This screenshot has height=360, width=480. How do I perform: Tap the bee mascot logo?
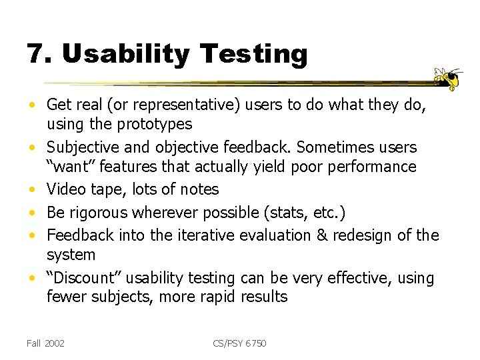[448, 79]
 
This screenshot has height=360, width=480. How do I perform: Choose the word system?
[71, 255]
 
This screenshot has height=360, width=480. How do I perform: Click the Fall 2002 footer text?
[45, 343]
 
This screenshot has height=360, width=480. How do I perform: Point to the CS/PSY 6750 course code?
[239, 343]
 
